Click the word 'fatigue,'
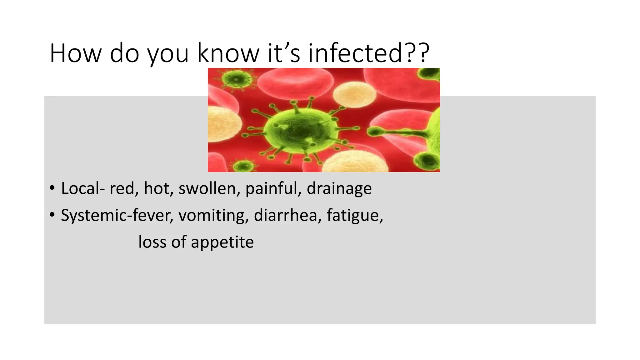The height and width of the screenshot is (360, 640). point(355,216)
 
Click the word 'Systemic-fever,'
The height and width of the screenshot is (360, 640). point(117,216)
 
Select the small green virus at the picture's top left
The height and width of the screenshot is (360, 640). point(237,79)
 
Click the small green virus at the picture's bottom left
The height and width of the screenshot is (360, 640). point(243,166)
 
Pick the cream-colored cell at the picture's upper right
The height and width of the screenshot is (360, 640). point(354,94)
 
